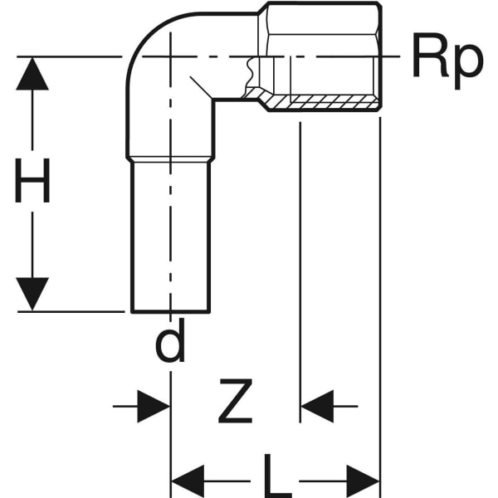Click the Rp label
click(447, 59)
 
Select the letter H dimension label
click(33, 183)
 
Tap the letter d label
click(170, 343)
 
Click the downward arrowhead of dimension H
click(32, 295)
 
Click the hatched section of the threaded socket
click(332, 102)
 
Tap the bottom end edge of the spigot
click(170, 311)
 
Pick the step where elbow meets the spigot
click(170, 159)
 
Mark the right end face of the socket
click(379, 58)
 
